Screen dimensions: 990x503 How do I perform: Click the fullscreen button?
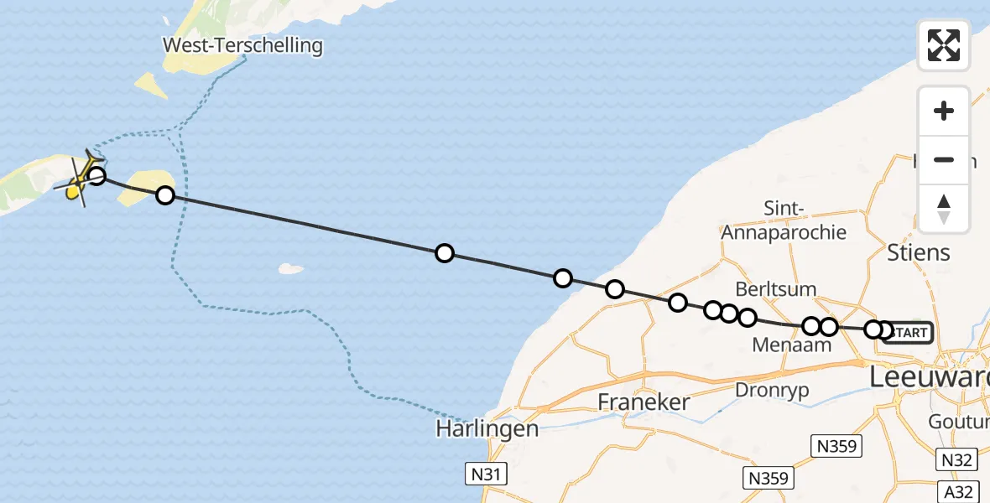944,45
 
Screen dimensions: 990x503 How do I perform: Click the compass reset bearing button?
944,209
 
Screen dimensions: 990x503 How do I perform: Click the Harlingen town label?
487,428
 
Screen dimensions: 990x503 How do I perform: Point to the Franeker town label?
643,402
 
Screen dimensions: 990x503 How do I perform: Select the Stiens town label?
919,252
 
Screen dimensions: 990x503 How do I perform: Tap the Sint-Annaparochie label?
784,220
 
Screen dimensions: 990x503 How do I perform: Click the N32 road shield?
956,459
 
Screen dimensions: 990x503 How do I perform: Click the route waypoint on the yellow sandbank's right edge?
165,195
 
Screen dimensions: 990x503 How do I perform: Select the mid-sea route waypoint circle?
445,253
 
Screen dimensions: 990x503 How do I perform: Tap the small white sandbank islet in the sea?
291,269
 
